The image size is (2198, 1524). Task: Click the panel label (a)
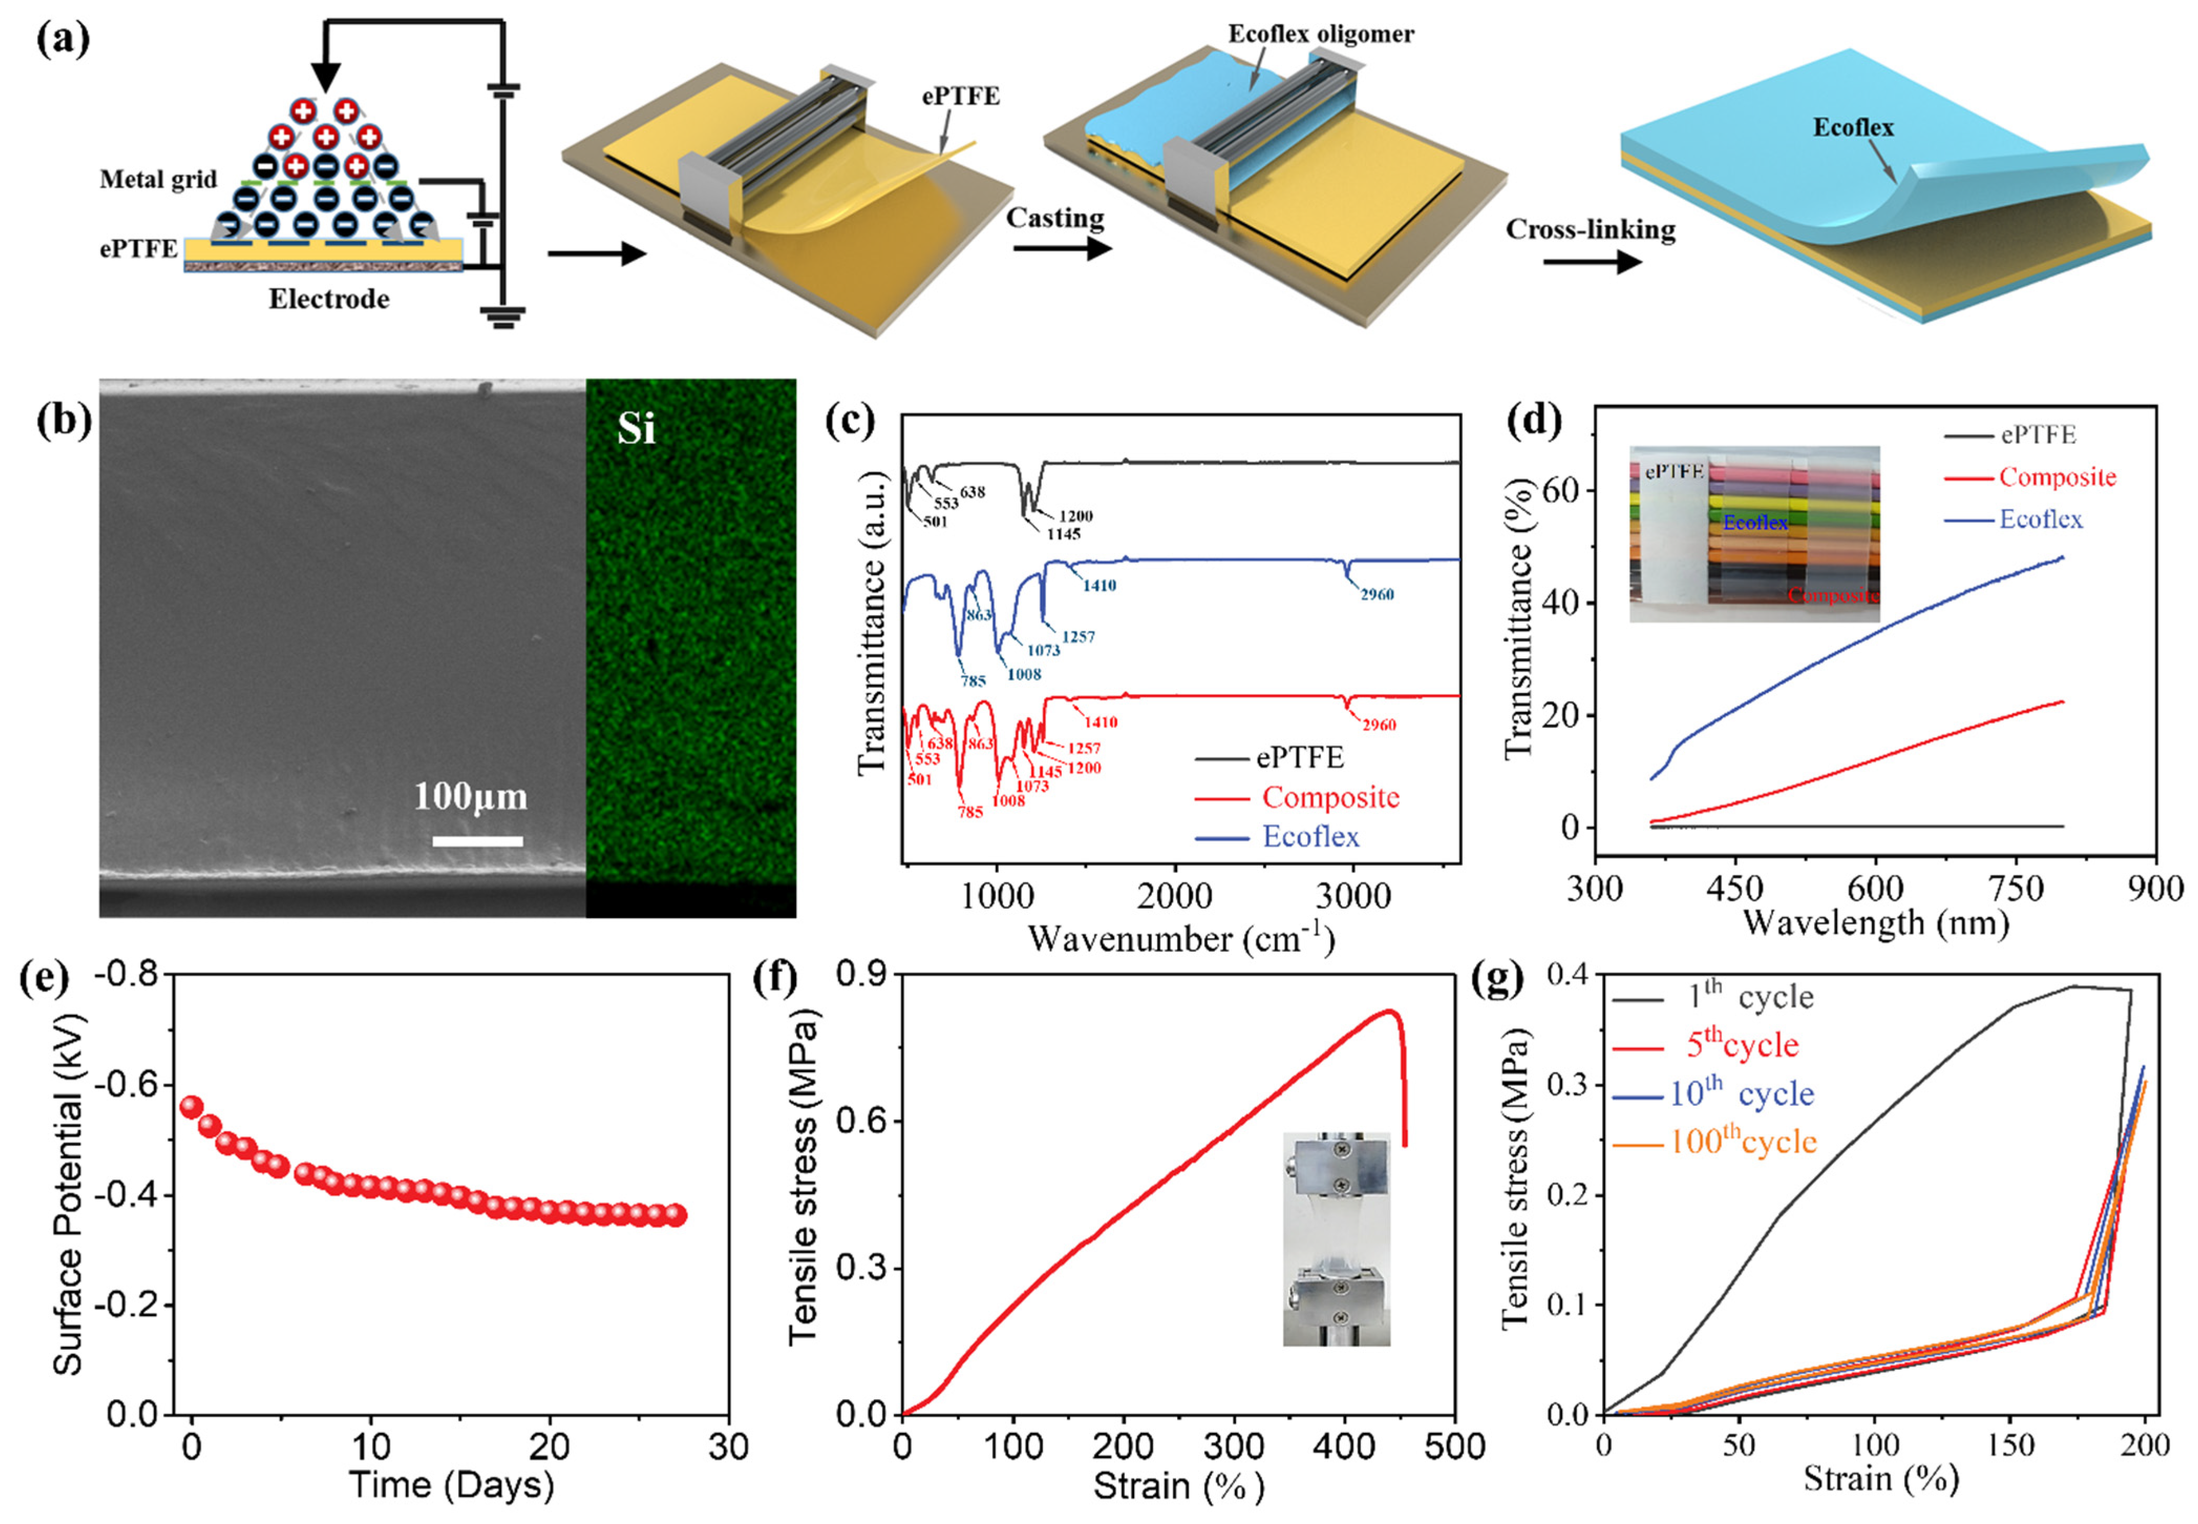tap(63, 40)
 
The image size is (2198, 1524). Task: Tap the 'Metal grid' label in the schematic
tap(158, 179)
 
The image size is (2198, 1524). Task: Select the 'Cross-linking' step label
tap(1590, 230)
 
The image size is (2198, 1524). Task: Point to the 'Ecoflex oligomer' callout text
tap(1320, 35)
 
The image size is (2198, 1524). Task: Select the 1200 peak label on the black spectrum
tap(1076, 516)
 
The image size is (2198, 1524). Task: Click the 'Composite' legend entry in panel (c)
tap(1330, 797)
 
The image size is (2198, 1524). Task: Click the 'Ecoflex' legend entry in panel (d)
tap(2041, 519)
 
